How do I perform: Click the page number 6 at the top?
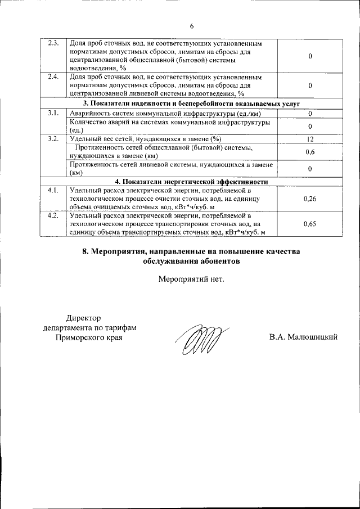(191, 26)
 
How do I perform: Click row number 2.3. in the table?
(53, 43)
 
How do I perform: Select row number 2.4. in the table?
(53, 76)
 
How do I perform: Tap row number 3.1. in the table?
(53, 114)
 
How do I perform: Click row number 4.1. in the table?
(53, 190)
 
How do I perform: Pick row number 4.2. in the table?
(53, 215)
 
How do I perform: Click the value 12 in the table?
(309, 139)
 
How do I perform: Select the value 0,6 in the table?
(309, 152)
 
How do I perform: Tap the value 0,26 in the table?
(309, 199)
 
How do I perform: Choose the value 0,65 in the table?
(309, 224)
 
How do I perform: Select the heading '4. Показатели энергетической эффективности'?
(191, 182)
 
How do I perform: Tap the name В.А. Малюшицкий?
(303, 337)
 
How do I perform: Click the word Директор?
(83, 318)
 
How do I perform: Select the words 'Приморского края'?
(89, 337)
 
